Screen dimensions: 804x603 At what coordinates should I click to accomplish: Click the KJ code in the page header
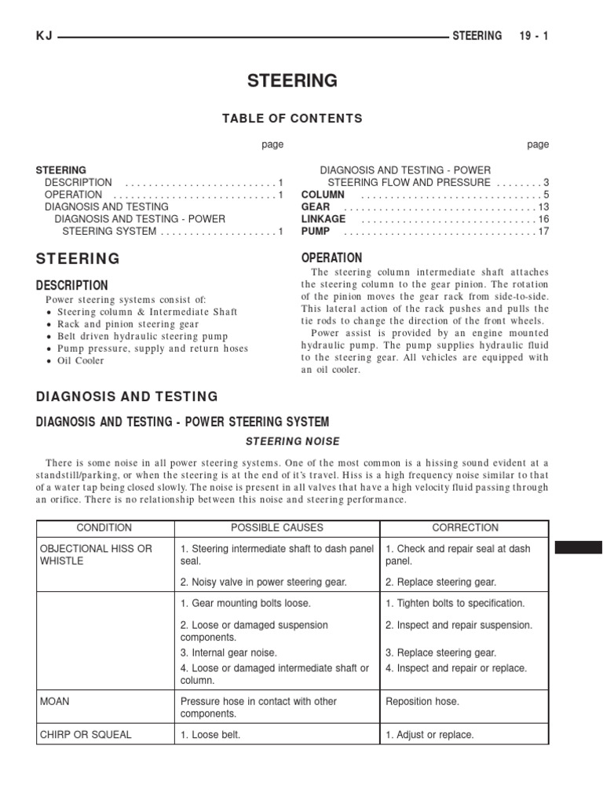pyautogui.click(x=44, y=36)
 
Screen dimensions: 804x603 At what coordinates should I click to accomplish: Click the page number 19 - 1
pyautogui.click(x=534, y=36)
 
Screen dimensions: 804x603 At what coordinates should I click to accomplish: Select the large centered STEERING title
pyautogui.click(x=292, y=81)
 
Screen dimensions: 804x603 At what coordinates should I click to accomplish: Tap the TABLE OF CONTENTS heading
pyautogui.click(x=292, y=119)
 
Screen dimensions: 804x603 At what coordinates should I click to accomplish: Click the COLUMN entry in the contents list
pyautogui.click(x=323, y=195)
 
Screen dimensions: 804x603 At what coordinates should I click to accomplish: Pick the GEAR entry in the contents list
pyautogui.click(x=316, y=206)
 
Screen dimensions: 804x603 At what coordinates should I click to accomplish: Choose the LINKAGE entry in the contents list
pyautogui.click(x=323, y=219)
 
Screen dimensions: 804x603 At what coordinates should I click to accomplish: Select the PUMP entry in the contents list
pyautogui.click(x=316, y=232)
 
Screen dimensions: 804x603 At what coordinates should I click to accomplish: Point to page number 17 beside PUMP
pyautogui.click(x=543, y=232)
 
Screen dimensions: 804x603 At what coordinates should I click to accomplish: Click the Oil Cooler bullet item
pyautogui.click(x=80, y=361)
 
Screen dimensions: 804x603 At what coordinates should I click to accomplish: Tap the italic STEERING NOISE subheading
pyautogui.click(x=292, y=441)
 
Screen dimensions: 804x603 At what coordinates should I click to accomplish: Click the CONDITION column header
pyautogui.click(x=104, y=528)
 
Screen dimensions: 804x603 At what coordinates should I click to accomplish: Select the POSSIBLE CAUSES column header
pyautogui.click(x=277, y=528)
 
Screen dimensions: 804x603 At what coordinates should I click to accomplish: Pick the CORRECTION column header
pyautogui.click(x=466, y=528)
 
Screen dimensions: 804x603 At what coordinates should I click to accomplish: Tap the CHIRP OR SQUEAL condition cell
pyautogui.click(x=86, y=735)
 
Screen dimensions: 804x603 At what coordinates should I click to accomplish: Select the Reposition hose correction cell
pyautogui.click(x=422, y=701)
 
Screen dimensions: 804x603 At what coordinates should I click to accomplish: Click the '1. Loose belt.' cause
pyautogui.click(x=210, y=735)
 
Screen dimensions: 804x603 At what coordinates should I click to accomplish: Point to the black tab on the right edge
pyautogui.click(x=579, y=547)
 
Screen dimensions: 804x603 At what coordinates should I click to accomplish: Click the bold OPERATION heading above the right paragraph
pyautogui.click(x=332, y=258)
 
